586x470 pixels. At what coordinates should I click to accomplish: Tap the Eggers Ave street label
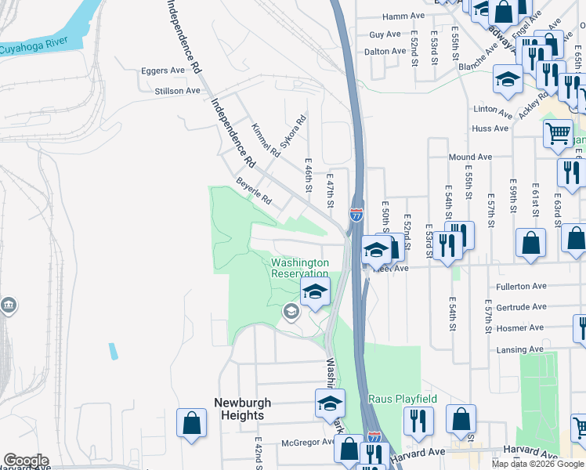click(x=163, y=70)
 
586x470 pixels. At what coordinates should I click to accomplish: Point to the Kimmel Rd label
click(x=265, y=139)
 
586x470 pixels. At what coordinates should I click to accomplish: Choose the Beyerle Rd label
click(x=253, y=190)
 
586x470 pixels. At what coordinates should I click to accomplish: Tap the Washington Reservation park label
click(x=299, y=268)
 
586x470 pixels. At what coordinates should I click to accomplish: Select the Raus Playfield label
click(x=403, y=399)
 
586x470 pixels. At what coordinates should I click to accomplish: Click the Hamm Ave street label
click(x=403, y=16)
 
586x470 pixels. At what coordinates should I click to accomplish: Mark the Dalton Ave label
click(x=384, y=52)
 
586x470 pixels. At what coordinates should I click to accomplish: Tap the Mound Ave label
click(x=470, y=157)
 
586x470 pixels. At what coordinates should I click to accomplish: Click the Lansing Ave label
click(x=519, y=349)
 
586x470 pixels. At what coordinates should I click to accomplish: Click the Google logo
click(x=25, y=461)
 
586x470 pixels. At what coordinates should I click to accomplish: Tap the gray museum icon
click(x=9, y=305)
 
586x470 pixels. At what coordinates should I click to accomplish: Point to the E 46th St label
click(x=309, y=176)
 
